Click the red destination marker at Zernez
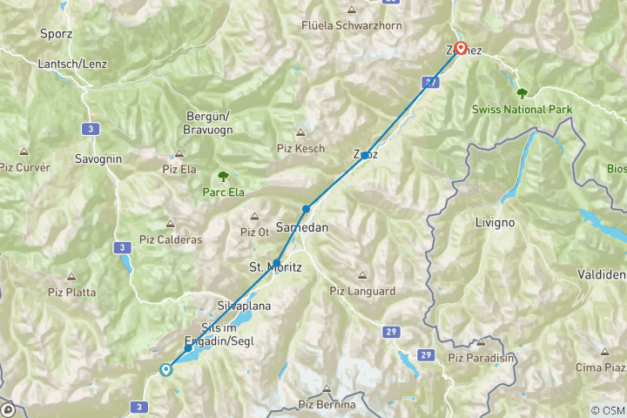pyautogui.click(x=459, y=49)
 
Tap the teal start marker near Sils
pyautogui.click(x=165, y=369)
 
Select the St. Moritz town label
pyautogui.click(x=275, y=267)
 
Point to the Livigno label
pyautogui.click(x=495, y=222)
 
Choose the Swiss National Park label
pyautogui.click(x=521, y=110)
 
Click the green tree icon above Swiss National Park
pyautogui.click(x=522, y=92)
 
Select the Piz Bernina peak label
pyautogui.click(x=327, y=404)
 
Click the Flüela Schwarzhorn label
pyautogui.click(x=352, y=25)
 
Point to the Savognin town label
pyautogui.click(x=98, y=159)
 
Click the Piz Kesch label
pyautogui.click(x=300, y=149)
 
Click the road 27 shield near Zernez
pyautogui.click(x=429, y=82)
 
